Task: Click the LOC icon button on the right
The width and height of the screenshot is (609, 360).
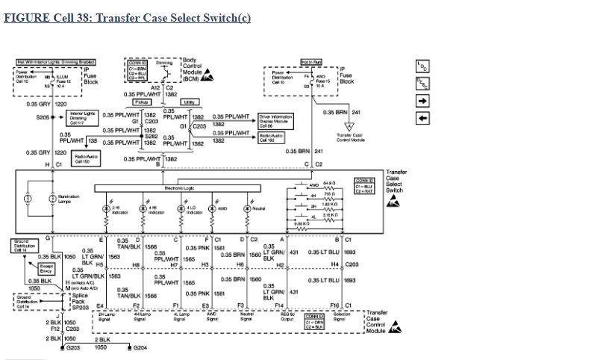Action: click(422, 66)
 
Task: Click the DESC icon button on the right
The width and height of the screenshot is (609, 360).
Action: click(422, 84)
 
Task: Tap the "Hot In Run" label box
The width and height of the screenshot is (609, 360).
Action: click(310, 62)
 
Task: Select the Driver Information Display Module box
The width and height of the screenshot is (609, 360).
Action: click(274, 120)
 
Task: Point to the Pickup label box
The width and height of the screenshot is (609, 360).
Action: click(142, 102)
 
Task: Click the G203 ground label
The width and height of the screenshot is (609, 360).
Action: click(73, 348)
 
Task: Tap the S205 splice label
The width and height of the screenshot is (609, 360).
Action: click(43, 117)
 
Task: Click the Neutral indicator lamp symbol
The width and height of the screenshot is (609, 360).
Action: click(247, 208)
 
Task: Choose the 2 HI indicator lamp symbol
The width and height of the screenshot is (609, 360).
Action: click(108, 208)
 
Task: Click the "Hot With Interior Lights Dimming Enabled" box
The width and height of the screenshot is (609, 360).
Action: click(56, 62)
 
